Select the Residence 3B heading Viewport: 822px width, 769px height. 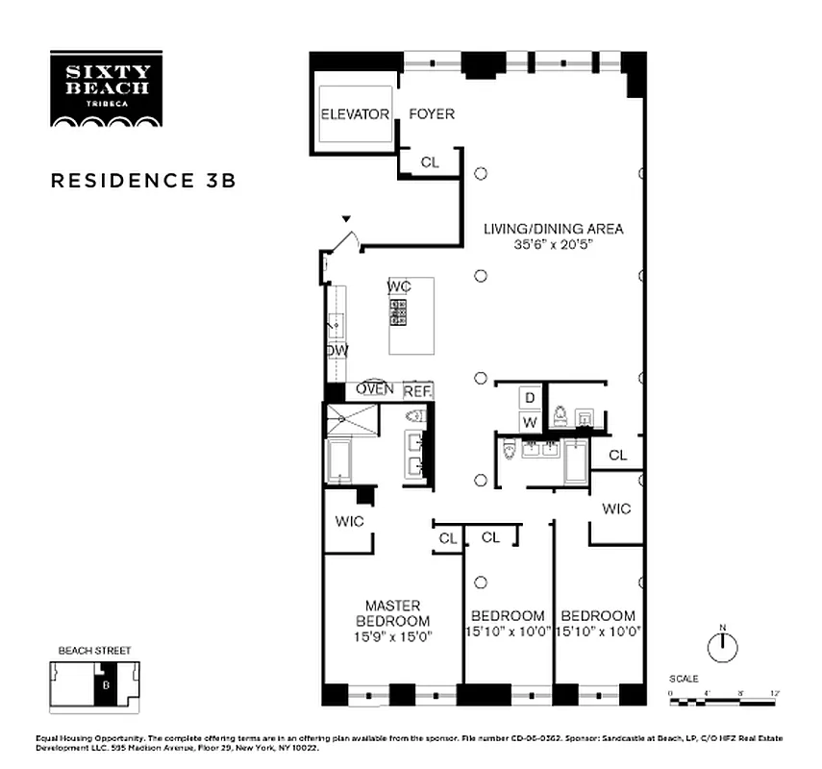(143, 181)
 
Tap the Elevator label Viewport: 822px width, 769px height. (354, 114)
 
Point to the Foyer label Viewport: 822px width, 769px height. (432, 114)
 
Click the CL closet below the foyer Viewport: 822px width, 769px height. (429, 162)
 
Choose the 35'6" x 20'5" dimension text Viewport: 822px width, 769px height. (553, 245)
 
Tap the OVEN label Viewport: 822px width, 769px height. (375, 389)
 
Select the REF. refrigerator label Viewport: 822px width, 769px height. (417, 391)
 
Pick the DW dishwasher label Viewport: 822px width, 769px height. (336, 350)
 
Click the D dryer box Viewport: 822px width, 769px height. (529, 397)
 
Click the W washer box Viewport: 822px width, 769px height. (529, 421)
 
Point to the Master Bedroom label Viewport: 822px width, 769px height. (392, 612)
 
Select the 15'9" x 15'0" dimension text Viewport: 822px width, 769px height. (392, 635)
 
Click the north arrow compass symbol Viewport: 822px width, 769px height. (721, 646)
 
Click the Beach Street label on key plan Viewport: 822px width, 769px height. (94, 651)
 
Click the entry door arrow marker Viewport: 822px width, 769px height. (346, 220)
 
